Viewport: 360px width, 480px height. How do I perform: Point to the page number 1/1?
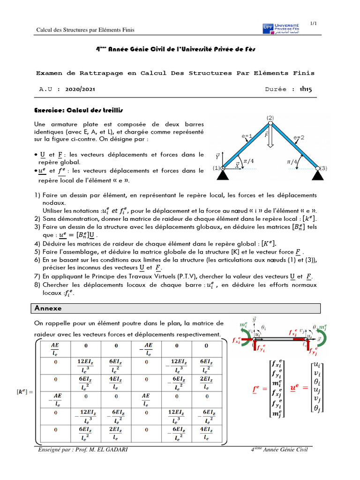(x=314, y=23)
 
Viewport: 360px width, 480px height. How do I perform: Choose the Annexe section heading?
(x=48, y=308)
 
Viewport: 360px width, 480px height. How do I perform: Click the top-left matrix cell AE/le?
(x=55, y=349)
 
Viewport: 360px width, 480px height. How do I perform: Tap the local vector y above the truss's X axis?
(x=217, y=155)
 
